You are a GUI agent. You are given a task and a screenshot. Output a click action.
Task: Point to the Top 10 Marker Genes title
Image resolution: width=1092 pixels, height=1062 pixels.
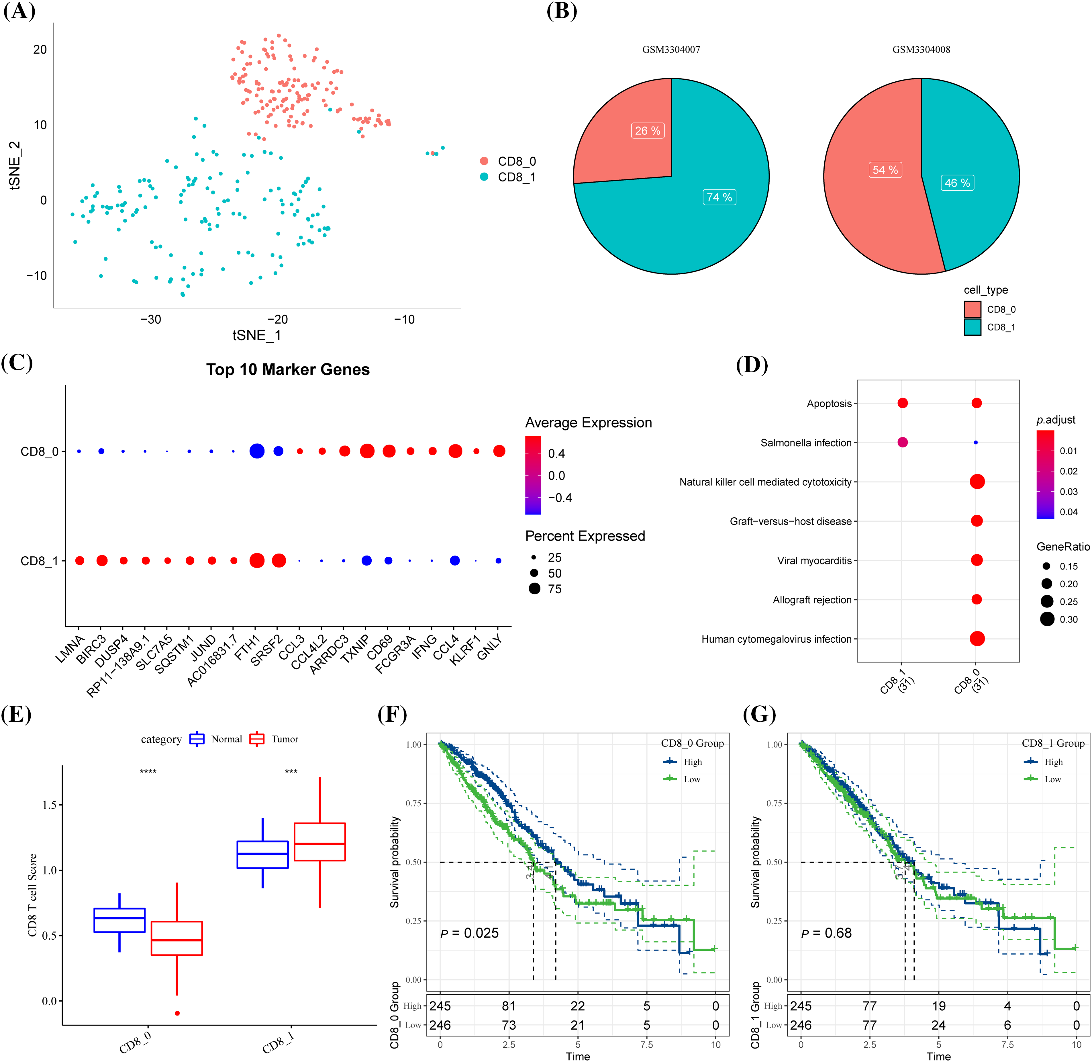[288, 370]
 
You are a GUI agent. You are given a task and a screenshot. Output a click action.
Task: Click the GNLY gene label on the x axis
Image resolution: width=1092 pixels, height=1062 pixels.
[491, 648]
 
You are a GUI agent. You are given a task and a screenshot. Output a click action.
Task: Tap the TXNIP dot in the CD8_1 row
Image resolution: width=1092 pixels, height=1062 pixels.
[366, 561]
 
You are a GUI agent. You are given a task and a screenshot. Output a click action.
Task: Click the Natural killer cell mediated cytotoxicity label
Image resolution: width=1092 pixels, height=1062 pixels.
[765, 482]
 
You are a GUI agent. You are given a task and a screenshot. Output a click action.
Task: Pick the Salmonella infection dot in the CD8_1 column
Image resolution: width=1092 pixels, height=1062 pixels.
[902, 442]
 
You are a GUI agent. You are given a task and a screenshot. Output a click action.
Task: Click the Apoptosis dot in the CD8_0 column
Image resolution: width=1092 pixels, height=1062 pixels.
[976, 403]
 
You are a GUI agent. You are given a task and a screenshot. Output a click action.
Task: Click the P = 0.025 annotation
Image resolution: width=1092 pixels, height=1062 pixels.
[470, 933]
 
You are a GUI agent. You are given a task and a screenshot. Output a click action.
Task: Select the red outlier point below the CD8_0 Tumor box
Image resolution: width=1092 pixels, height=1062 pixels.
[177, 1013]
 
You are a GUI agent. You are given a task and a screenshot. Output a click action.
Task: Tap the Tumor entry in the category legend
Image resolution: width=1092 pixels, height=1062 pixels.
[285, 739]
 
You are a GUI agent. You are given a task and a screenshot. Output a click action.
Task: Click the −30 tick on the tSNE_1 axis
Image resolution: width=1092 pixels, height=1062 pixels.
[151, 320]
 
